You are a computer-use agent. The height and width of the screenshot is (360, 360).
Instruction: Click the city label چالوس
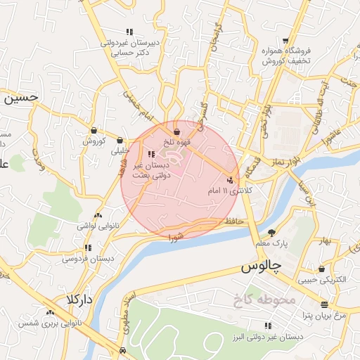pos(261,268)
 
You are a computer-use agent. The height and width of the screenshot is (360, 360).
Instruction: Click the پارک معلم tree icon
pos(272,233)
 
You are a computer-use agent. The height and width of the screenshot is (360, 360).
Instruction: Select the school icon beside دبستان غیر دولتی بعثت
pos(151,154)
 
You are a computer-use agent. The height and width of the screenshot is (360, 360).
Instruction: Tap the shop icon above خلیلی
pos(120,139)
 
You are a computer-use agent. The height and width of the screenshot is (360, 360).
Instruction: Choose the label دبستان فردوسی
pos(89,259)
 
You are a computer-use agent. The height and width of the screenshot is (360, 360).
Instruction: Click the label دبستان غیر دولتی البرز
pos(271,337)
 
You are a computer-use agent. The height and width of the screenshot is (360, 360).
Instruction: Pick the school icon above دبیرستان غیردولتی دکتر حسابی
pos(129,32)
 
